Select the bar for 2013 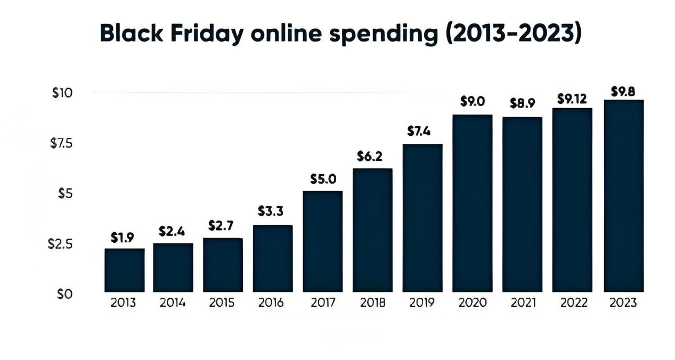[x=124, y=270]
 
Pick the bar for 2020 [x=473, y=203]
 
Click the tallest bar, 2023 [x=623, y=196]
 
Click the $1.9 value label [x=122, y=238]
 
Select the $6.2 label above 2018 [x=370, y=157]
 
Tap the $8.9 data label [x=522, y=103]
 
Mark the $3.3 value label [x=271, y=211]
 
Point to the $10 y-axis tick [x=62, y=93]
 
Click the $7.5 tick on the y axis [x=61, y=143]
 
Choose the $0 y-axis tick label [x=64, y=294]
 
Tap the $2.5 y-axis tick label [x=60, y=244]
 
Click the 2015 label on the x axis [x=222, y=303]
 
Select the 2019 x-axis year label [x=422, y=303]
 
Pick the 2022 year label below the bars [x=573, y=303]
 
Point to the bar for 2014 [x=173, y=267]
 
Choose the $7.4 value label [x=419, y=132]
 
